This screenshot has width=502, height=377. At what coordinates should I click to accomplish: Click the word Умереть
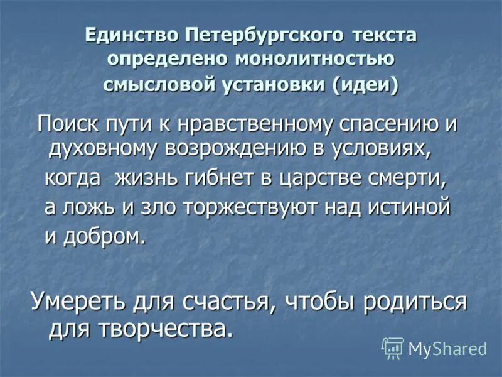pyautogui.click(x=78, y=301)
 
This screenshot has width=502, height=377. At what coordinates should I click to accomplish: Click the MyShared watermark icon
pyautogui.click(x=393, y=347)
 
